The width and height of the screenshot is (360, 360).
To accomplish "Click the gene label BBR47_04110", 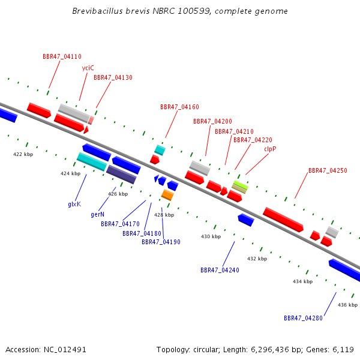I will coord(62,56).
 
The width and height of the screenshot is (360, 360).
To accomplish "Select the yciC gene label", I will coord(88,68).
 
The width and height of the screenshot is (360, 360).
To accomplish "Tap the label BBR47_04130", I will coord(113,77).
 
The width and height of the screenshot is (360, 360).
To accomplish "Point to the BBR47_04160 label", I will coord(179,107).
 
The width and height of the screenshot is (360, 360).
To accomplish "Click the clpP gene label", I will coord(270,149).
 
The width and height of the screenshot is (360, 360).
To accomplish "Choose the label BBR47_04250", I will coord(328,170).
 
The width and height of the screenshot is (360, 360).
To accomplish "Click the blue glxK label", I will coord(74,204).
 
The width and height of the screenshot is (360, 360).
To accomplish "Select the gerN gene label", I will coord(98,214).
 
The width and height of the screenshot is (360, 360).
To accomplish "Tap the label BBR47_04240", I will coord(220,270).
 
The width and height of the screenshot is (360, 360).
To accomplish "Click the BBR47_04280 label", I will coord(303,318).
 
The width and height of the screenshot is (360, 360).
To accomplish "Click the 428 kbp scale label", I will coord(164,215).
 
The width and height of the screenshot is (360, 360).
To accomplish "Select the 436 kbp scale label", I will coord(347,305).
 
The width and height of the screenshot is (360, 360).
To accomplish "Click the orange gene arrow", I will coord(167,195).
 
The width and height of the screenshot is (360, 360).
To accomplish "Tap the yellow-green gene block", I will coord(240,185).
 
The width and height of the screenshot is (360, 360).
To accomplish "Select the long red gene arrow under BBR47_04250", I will coord(283,219).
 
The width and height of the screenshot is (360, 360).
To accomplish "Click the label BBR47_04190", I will coord(161,242).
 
